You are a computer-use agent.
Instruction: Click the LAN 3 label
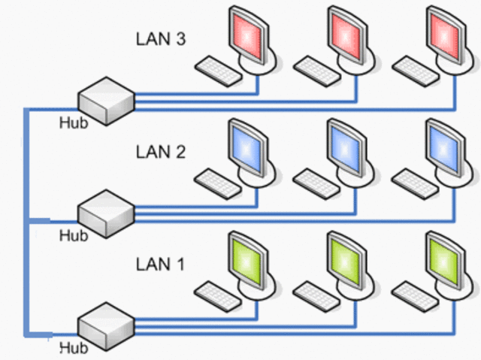(x=160, y=38)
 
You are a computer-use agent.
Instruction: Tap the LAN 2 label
(x=160, y=151)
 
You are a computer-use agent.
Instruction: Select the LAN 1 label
(x=160, y=265)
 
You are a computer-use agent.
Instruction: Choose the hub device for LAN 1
(x=106, y=323)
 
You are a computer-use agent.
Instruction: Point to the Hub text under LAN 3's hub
(x=73, y=123)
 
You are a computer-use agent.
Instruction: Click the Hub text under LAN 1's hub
(x=73, y=347)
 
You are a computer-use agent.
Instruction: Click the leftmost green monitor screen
(x=246, y=259)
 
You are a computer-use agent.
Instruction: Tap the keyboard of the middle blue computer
(x=316, y=182)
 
